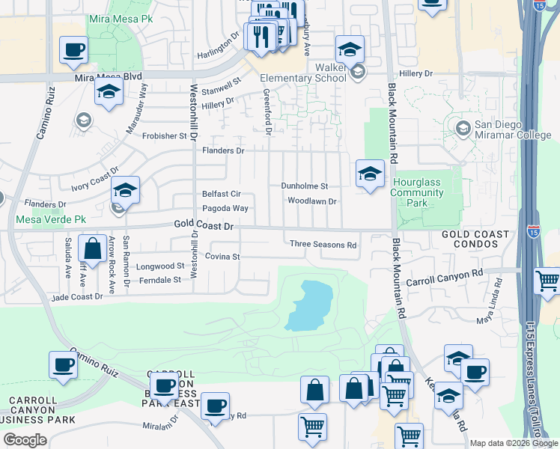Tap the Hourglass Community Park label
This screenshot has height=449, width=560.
[417, 192]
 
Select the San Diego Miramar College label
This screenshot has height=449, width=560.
[512, 131]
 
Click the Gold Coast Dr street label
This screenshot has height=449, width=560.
[204, 225]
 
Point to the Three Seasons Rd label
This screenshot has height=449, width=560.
[323, 244]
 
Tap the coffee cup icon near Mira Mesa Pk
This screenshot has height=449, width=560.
[74, 52]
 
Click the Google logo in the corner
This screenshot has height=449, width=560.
[25, 439]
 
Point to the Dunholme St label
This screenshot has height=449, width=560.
[305, 186]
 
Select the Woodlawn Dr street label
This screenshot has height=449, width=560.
[313, 201]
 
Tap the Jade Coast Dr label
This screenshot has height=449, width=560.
[76, 297]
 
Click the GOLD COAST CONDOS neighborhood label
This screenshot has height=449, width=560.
[475, 239]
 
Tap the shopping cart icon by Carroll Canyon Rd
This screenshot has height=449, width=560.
[548, 282]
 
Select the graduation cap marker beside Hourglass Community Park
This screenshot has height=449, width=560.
[369, 175]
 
